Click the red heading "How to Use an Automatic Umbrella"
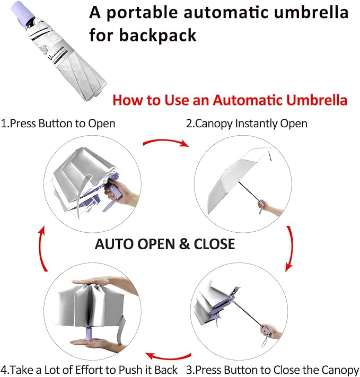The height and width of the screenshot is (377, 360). [230, 100]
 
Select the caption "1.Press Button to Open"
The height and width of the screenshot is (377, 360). [58, 124]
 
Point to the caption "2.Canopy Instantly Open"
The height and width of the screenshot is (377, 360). [246, 124]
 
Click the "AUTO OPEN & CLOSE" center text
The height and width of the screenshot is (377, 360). [164, 243]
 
